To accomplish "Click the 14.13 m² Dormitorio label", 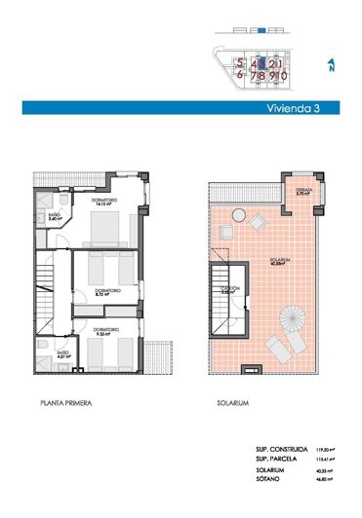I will [x=102, y=202].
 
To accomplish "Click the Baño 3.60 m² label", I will [x=56, y=218].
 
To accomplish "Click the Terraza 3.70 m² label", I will [x=303, y=192].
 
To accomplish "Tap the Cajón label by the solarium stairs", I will [x=230, y=289].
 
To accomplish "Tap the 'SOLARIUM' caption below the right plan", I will [x=237, y=401].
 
